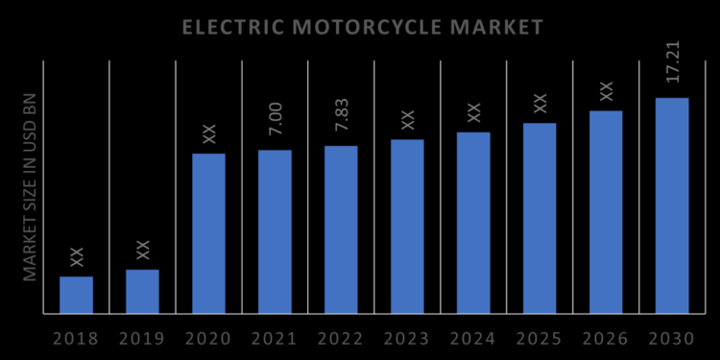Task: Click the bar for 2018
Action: pos(77,295)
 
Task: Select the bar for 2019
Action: pos(143,291)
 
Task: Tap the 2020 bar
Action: pos(208,233)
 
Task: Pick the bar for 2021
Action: pos(275,231)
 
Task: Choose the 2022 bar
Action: pos(341,229)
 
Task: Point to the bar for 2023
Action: pos(407,227)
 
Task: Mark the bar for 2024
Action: pos(473,223)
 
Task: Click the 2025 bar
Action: pos(540,218)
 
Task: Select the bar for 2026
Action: pos(606,212)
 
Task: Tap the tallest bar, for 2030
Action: pos(672,205)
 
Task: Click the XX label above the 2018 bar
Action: pos(77,257)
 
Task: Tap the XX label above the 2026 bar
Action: pos(606,91)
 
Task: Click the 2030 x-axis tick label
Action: pos(672,339)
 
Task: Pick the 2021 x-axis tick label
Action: pos(275,339)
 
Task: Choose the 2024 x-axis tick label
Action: pos(473,339)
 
